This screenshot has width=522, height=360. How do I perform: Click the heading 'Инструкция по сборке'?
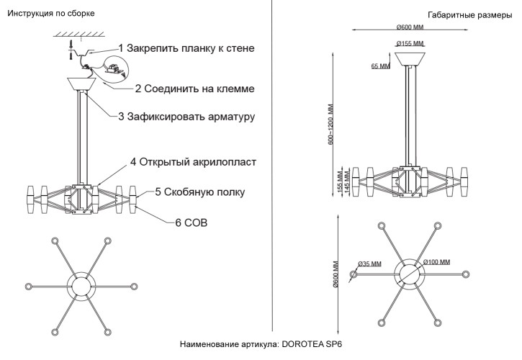coord(50,14)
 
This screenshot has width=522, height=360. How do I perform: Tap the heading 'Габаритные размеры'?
coord(469,14)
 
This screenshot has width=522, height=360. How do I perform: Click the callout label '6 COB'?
coord(192,223)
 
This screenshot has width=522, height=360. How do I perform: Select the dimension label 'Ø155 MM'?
coord(411,44)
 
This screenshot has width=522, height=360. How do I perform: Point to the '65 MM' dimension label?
coord(380,66)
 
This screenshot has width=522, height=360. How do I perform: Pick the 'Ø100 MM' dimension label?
coord(437,261)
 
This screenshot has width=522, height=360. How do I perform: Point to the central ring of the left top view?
coord(81,285)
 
